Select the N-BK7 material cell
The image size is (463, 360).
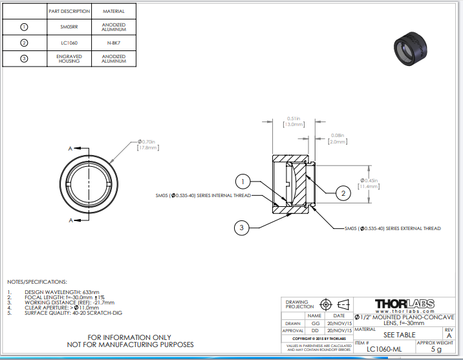point(113,43)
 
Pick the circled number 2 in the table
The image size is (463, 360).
point(25,43)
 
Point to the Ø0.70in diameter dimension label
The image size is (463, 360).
point(147,142)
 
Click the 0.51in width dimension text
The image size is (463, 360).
point(294,118)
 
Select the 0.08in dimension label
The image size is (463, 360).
point(337,135)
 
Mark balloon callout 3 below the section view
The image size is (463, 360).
point(241,227)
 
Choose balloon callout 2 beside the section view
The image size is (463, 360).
point(343,192)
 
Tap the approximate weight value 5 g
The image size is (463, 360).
point(435,350)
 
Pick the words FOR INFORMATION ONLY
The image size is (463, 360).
point(130,337)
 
